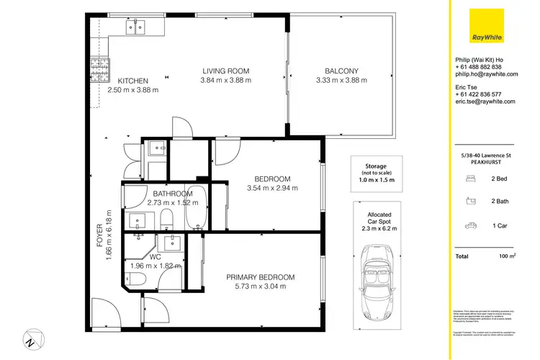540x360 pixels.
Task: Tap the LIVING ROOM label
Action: coord(225,71)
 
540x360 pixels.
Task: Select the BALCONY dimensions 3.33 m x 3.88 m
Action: coord(341,81)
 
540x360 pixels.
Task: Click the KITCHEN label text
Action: coord(133,81)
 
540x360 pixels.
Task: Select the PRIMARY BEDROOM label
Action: coord(260,277)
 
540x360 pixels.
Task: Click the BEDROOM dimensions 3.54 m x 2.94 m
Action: coord(272,189)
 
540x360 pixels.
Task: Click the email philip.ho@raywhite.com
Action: coord(484,74)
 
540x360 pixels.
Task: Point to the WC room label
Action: coord(154,256)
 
